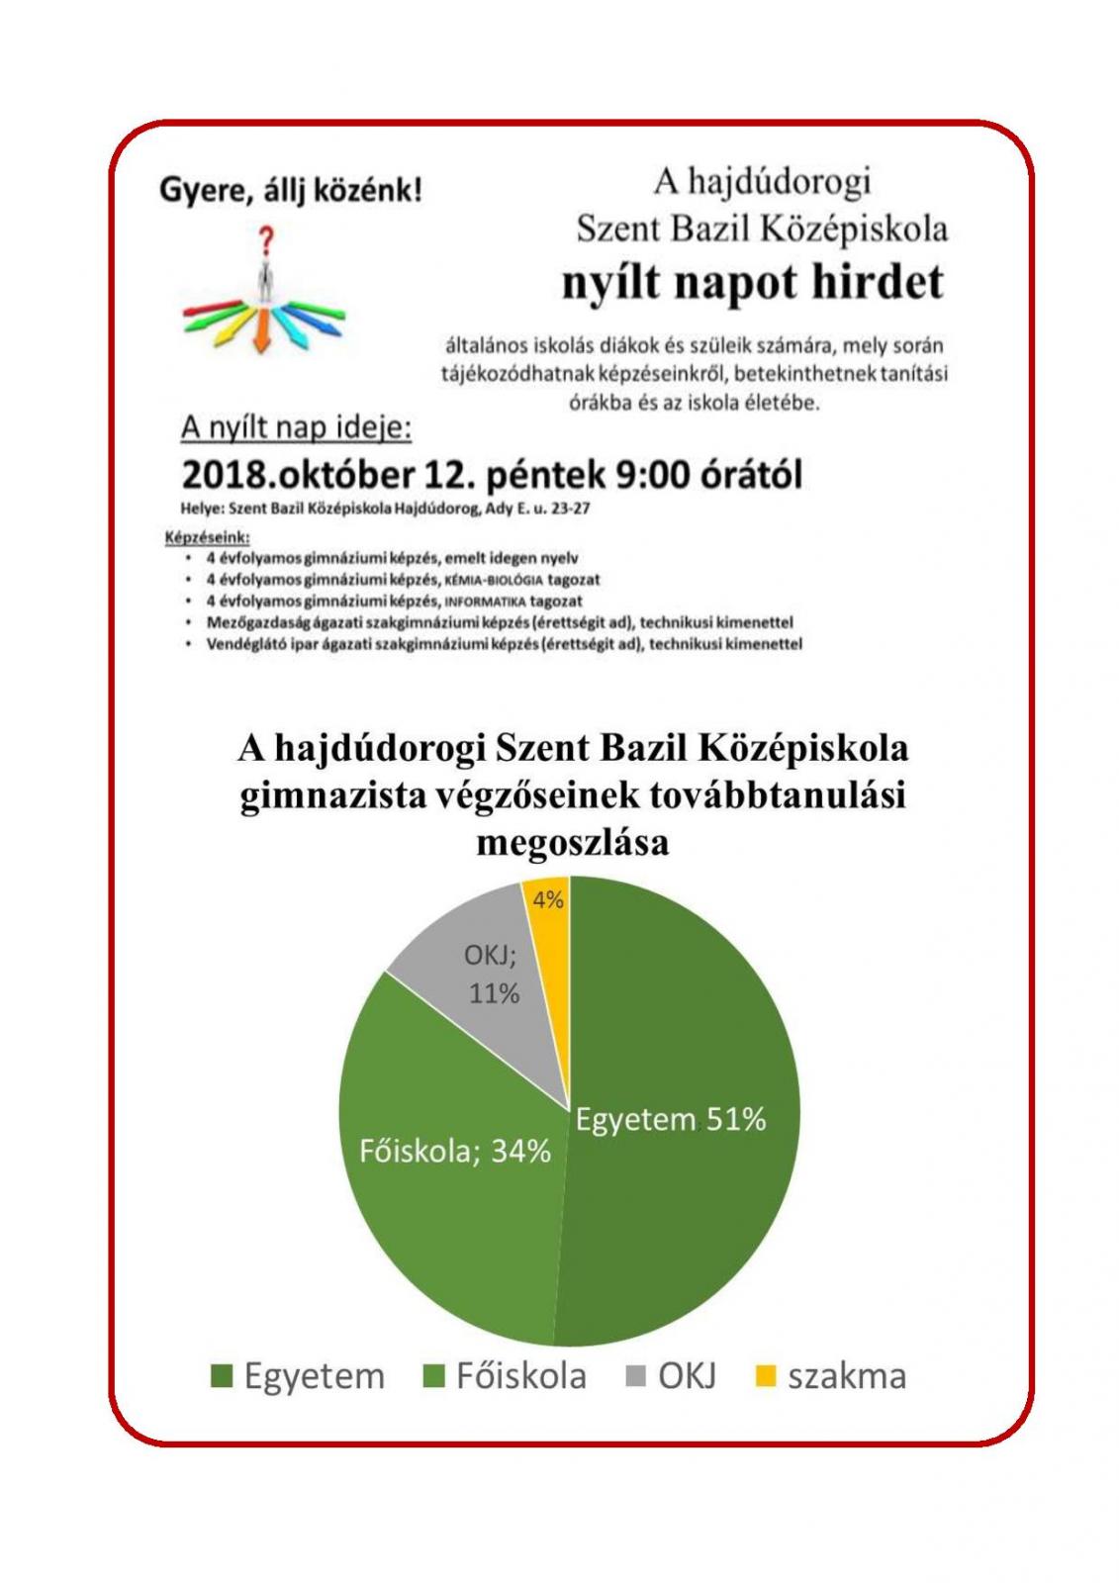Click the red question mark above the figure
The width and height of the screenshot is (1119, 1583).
[265, 240]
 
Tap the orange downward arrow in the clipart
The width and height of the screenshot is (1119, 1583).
[261, 331]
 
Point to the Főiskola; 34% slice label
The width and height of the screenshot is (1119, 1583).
[454, 1151]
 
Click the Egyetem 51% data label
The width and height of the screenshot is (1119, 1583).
[671, 1119]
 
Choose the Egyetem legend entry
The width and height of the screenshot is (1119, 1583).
[299, 1376]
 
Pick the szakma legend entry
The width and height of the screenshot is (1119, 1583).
[831, 1376]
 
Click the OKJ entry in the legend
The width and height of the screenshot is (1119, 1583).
[672, 1376]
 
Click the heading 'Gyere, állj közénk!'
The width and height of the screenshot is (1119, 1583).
[291, 189]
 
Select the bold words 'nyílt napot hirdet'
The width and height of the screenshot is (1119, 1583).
[753, 283]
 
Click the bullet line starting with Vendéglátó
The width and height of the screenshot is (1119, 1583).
[504, 644]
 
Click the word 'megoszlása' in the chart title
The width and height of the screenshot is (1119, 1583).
[572, 842]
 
